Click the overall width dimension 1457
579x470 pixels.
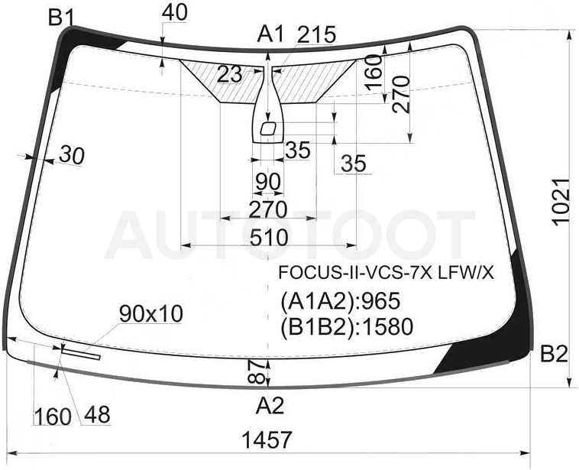[267, 440]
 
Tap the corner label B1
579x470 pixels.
[62, 18]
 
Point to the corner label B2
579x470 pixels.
[554, 355]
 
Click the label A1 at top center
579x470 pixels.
[271, 34]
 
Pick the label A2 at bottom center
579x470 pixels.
[270, 405]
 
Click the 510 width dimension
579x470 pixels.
[269, 237]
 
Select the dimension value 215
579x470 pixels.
[316, 34]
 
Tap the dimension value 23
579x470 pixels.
[230, 74]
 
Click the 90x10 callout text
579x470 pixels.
[151, 314]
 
